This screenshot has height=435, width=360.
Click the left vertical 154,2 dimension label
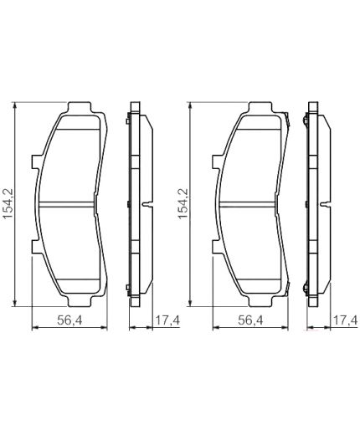click(8, 203)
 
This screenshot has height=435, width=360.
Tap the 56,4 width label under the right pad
click(249, 320)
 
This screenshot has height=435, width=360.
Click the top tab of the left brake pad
click(81, 107)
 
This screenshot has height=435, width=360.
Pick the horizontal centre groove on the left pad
click(73, 204)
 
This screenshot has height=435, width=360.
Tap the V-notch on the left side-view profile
click(148, 204)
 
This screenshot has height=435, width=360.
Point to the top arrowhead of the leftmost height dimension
click(16, 105)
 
